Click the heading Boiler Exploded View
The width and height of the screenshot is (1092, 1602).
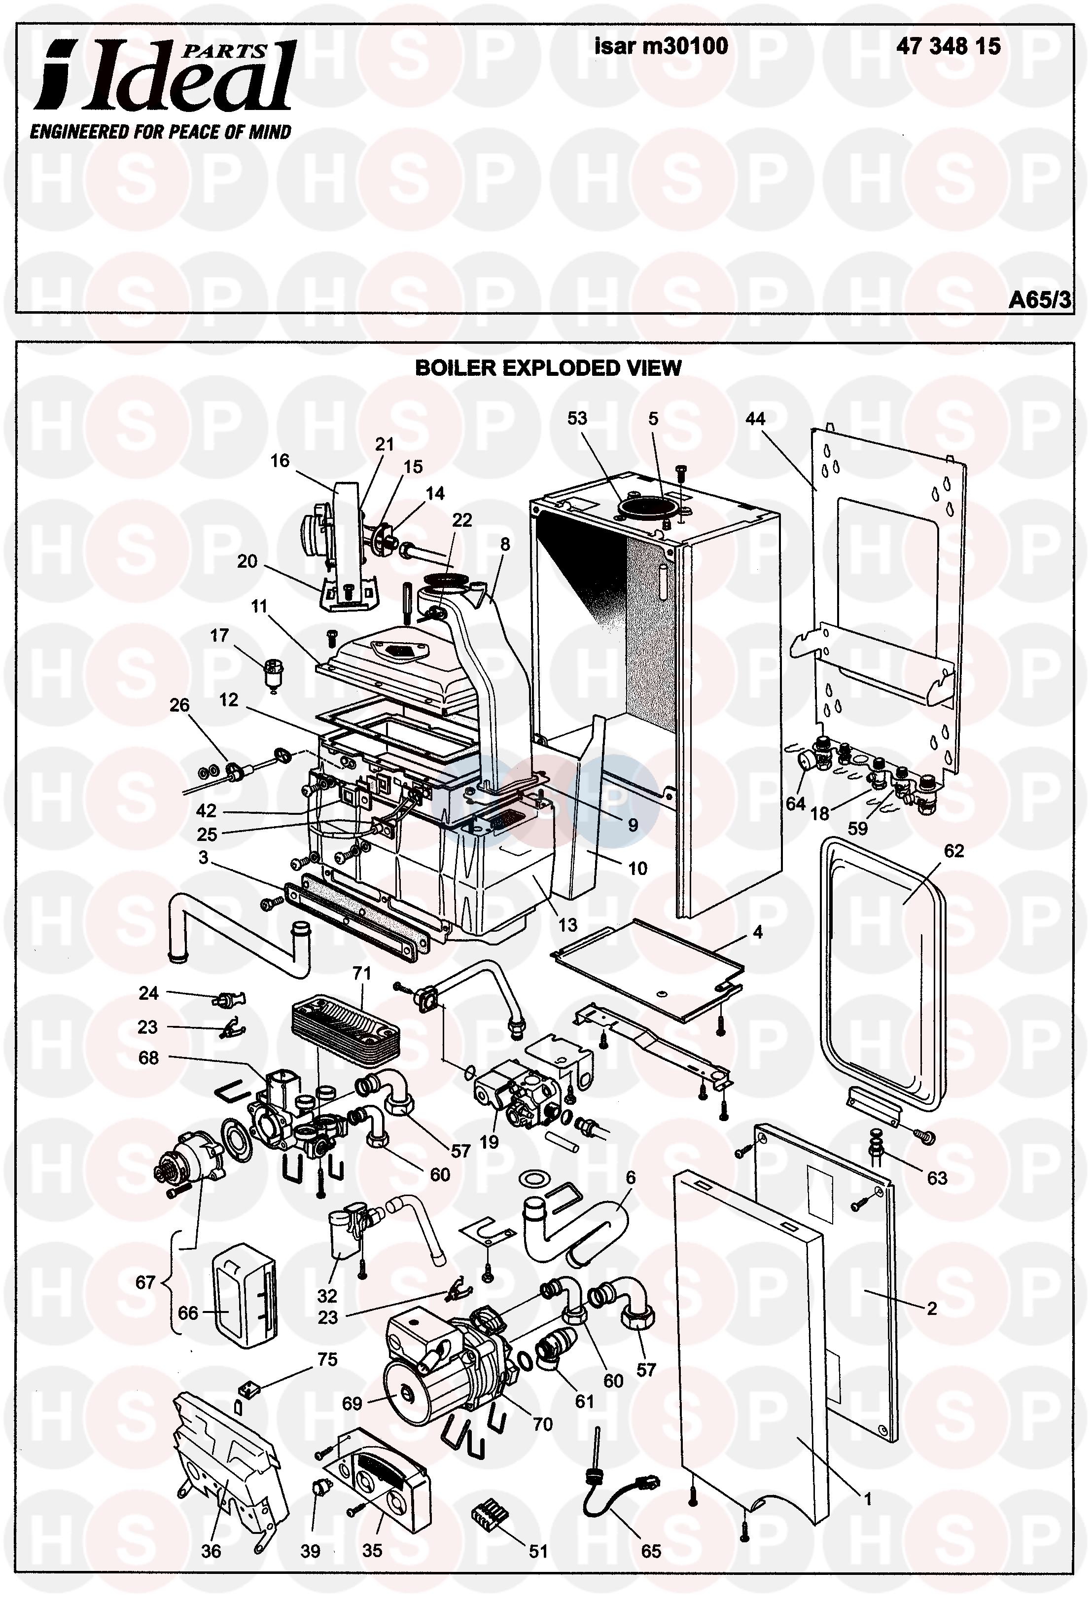(x=548, y=368)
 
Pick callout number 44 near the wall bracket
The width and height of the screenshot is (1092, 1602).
(x=755, y=418)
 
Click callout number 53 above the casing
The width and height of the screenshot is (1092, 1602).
(x=577, y=418)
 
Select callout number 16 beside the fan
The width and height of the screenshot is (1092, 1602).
(x=280, y=461)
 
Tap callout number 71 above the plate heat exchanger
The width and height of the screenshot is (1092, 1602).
(x=362, y=973)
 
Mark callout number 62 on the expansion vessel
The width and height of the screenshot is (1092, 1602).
(x=953, y=851)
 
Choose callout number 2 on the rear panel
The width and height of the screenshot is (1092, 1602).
(x=931, y=1309)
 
